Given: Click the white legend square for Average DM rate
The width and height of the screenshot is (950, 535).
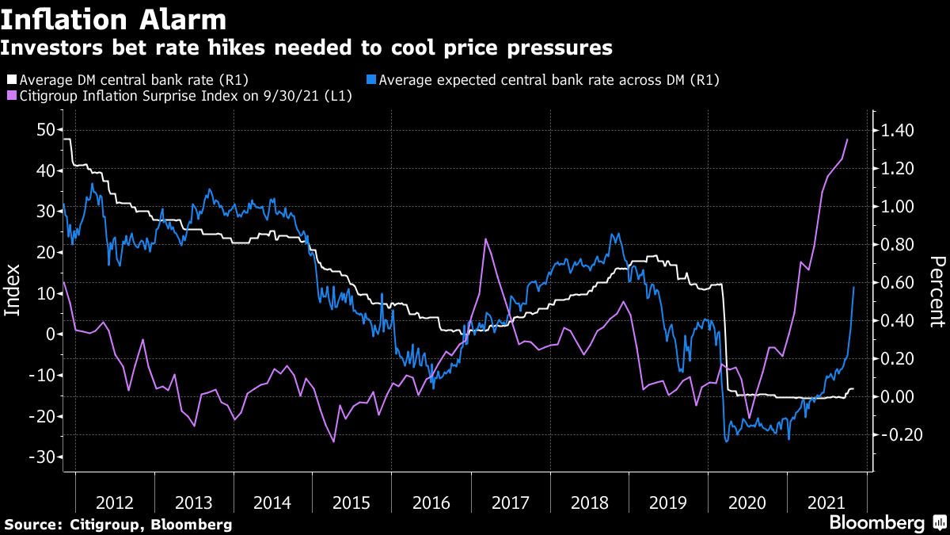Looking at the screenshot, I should tap(11, 80).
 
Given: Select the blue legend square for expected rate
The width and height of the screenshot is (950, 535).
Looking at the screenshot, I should tap(371, 80).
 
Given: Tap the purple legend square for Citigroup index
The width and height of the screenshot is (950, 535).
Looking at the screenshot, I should tap(11, 96).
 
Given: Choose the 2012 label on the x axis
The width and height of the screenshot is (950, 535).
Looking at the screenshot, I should tap(115, 502).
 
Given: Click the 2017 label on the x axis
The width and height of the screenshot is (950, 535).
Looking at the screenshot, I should tap(510, 502).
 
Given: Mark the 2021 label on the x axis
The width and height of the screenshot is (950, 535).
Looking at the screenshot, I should tap(826, 502).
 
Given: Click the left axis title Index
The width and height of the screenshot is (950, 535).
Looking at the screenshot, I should tap(13, 290).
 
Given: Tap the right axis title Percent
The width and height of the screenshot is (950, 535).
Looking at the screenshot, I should tap(937, 291).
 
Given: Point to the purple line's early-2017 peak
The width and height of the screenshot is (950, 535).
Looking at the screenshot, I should tap(484, 239).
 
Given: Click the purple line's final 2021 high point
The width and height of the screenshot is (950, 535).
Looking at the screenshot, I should tap(848, 139).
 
